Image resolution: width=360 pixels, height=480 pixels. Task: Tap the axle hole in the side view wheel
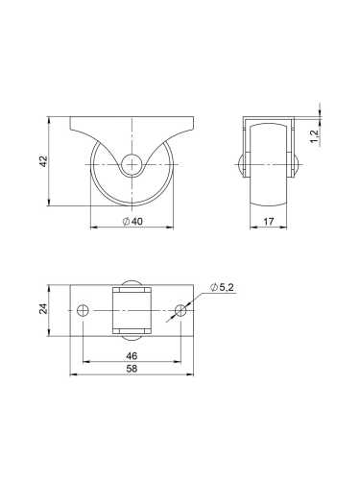(x=132, y=164)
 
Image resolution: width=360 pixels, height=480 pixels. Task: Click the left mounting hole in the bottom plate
(x=83, y=310)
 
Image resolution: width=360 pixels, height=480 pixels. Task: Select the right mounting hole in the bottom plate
(x=180, y=310)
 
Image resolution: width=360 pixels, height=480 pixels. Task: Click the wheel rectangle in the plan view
(x=132, y=310)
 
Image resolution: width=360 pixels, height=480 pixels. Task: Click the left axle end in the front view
(x=239, y=163)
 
